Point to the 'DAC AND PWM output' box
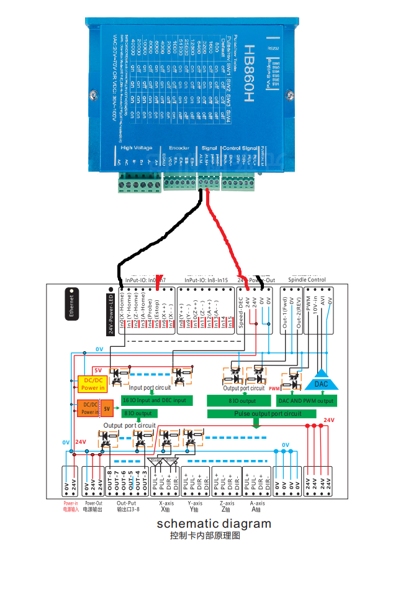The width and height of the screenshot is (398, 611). coord(305,401)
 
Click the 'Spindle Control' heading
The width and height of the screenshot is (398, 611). coord(307,280)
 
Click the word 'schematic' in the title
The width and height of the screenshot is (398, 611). coord(185,523)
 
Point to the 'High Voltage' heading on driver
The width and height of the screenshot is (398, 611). coord(136,147)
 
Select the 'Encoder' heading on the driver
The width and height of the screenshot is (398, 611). coord(179,147)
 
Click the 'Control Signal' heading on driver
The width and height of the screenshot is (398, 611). coord(240,147)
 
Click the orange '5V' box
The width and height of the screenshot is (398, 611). coord(107,408)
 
